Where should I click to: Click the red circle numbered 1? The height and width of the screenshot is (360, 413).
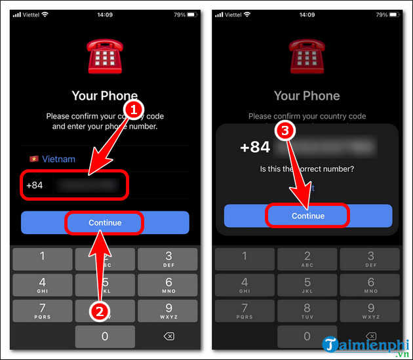pos(134,110)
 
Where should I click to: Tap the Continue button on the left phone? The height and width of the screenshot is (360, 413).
pos(105,222)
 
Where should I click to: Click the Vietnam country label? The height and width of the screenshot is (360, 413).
pos(59,159)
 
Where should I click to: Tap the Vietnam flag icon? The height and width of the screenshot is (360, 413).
pos(33,159)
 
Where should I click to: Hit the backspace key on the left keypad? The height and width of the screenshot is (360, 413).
pos(168,337)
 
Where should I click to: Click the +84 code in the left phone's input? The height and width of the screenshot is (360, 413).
pos(35,186)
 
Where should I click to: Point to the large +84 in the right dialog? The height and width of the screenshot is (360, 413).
pos(255,147)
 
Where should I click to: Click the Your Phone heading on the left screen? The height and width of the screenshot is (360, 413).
pos(105,96)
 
